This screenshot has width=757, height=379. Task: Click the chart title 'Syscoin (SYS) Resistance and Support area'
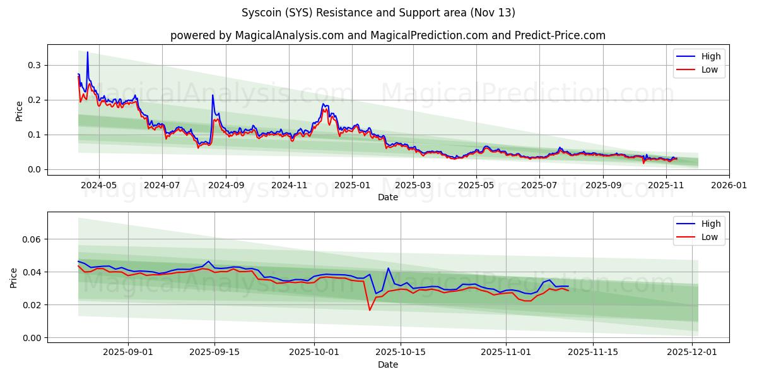point(378,13)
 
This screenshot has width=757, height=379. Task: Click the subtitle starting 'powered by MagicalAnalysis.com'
point(387,35)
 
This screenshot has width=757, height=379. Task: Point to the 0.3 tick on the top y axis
point(33,65)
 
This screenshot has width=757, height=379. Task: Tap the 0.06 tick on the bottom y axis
point(30,239)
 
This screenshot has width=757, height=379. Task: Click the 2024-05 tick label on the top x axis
point(99,186)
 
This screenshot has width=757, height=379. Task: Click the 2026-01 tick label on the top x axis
point(729,186)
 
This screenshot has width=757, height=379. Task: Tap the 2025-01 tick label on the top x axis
point(351,186)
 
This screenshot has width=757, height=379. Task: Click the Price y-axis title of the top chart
point(19,111)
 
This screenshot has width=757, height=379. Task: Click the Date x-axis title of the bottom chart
point(387,364)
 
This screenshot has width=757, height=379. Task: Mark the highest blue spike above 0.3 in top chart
point(87,52)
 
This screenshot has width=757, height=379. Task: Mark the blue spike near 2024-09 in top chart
point(213,95)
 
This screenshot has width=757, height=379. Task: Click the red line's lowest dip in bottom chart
point(370,310)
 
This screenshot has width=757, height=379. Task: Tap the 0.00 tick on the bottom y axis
point(30,338)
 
